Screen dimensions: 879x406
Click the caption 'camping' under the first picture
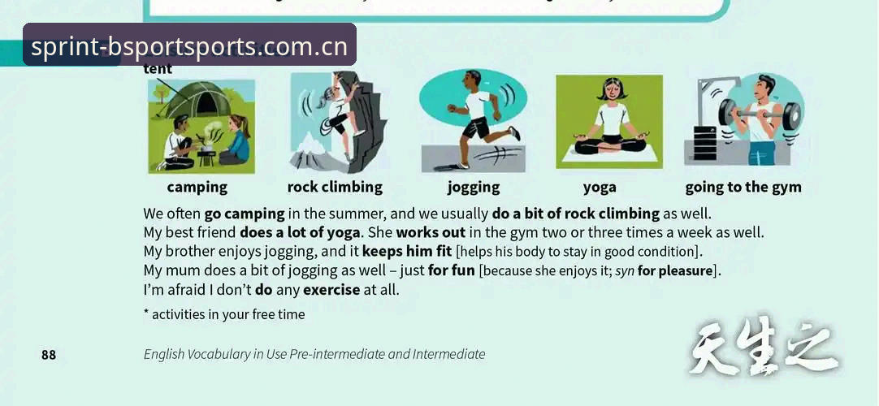(x=197, y=187)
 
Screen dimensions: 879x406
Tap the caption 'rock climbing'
(x=335, y=187)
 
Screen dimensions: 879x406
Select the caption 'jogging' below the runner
(x=473, y=187)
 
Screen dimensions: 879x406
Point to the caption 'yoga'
(x=600, y=188)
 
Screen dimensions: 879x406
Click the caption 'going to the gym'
(x=743, y=187)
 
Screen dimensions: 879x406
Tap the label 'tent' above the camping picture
(x=158, y=69)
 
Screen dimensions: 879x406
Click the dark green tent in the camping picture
(x=193, y=100)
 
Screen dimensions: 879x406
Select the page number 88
(x=49, y=355)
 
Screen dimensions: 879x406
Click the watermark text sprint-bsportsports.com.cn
(x=189, y=47)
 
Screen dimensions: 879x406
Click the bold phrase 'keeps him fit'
(x=407, y=252)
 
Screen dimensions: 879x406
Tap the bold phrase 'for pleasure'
(x=678, y=271)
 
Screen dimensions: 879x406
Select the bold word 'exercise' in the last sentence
(x=331, y=290)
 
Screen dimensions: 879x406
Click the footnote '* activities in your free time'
(x=224, y=315)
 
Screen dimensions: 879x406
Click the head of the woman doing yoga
(x=610, y=89)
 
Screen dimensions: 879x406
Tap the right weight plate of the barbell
(x=791, y=116)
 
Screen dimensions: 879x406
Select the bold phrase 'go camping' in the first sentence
(x=245, y=214)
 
